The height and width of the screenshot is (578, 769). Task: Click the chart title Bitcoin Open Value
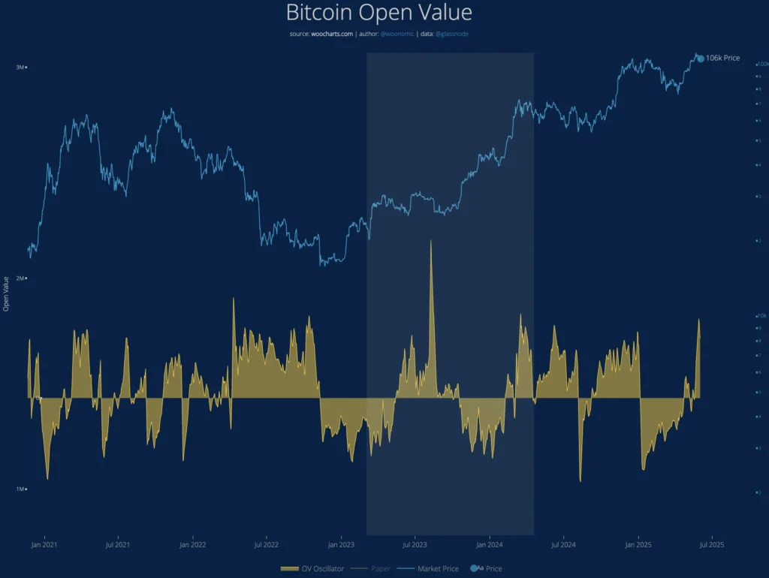pos(379,13)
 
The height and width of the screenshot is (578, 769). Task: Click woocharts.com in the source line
pos(333,35)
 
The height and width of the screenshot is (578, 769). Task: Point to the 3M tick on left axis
pos(20,68)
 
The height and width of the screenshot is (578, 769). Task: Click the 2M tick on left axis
pos(20,278)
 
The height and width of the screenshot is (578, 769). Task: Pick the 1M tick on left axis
pos(20,489)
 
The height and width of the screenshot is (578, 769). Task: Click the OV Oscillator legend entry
pos(314,569)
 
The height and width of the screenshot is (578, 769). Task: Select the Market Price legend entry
pos(437,569)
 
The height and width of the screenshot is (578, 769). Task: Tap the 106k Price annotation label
pos(722,58)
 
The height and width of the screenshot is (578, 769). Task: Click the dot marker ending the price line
pos(701,58)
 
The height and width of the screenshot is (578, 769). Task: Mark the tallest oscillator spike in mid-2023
pos(431,242)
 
